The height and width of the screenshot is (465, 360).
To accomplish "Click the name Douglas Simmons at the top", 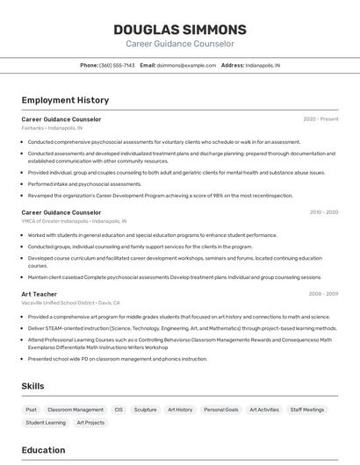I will (x=180, y=30).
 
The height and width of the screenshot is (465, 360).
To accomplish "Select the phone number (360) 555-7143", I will (x=117, y=65).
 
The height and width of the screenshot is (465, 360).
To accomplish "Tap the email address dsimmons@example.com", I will (x=186, y=65).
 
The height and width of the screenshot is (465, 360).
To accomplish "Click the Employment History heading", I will (x=65, y=101).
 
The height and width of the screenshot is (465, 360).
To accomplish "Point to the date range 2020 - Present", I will (x=320, y=119).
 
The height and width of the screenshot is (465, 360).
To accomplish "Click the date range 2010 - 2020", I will (x=322, y=212).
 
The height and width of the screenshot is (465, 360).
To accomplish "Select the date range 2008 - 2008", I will (x=322, y=294).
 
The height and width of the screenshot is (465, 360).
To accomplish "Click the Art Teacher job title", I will (x=40, y=294).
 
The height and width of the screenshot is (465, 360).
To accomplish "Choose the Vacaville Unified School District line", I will (x=71, y=303).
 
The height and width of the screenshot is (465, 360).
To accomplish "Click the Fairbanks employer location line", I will (x=52, y=128).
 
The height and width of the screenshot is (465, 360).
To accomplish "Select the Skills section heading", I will (x=32, y=386).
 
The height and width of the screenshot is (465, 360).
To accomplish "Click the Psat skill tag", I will (x=32, y=410).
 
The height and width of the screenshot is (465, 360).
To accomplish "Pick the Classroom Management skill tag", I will (x=76, y=410).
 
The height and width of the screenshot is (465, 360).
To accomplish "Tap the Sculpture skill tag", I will (x=145, y=410).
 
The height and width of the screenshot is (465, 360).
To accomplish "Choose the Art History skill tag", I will (x=180, y=410).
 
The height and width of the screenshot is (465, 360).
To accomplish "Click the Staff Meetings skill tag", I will (x=307, y=410).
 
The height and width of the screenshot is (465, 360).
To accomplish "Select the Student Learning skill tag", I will (x=46, y=423).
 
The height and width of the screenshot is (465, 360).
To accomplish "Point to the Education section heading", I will (x=43, y=451).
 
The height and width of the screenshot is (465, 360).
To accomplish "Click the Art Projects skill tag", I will (x=90, y=423).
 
